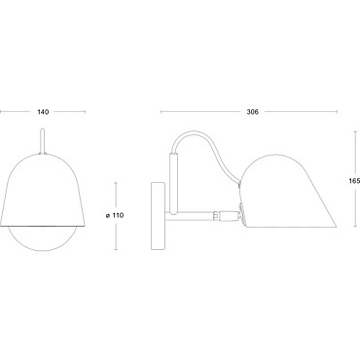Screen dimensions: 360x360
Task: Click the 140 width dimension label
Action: click(43, 112)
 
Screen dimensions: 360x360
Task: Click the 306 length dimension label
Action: click(252, 112)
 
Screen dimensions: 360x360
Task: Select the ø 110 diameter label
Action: click(115, 215)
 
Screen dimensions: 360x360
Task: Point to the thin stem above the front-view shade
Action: click(42, 141)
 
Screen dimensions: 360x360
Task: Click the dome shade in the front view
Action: click(43, 190)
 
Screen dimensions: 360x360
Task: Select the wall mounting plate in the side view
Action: click(159, 216)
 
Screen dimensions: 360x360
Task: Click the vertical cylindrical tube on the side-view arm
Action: click(174, 184)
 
